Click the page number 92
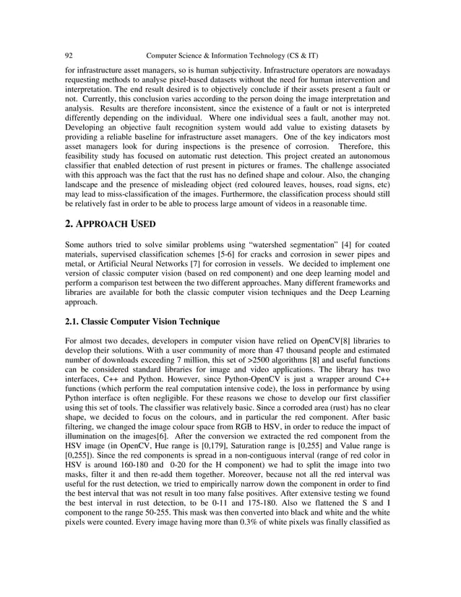pyautogui.click(x=69, y=56)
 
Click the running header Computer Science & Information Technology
pyautogui.click(x=233, y=56)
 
